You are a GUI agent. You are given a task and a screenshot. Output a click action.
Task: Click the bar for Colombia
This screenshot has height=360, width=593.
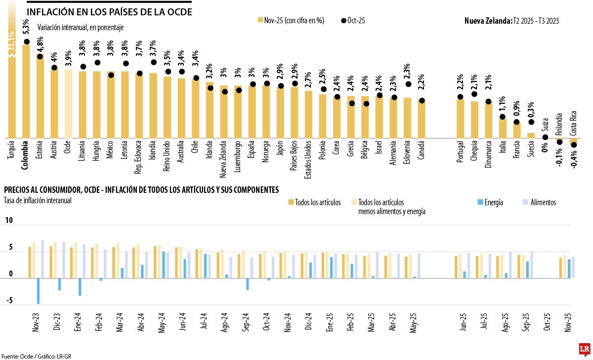pos(26,91)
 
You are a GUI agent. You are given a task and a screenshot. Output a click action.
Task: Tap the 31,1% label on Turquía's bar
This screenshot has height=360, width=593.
pos(12,42)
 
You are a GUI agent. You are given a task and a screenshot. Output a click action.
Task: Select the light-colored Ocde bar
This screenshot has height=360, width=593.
pos(68,104)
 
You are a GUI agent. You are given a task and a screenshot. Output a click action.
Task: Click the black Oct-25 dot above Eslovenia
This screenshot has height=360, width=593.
pos(408,84)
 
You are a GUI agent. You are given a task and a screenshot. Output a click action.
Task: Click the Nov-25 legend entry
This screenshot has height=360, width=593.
pos(291,20)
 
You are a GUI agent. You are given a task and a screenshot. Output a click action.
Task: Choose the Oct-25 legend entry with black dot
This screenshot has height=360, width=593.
pos(353,20)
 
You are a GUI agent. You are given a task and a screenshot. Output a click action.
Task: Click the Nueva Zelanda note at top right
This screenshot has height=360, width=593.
pos(511,20)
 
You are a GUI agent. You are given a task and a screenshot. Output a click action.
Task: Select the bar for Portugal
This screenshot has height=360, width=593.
pos(460,119)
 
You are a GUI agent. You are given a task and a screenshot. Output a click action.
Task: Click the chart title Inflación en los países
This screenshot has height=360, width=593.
pos(109,11)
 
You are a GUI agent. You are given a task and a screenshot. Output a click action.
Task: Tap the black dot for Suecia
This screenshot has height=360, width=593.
pos(531,122)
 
